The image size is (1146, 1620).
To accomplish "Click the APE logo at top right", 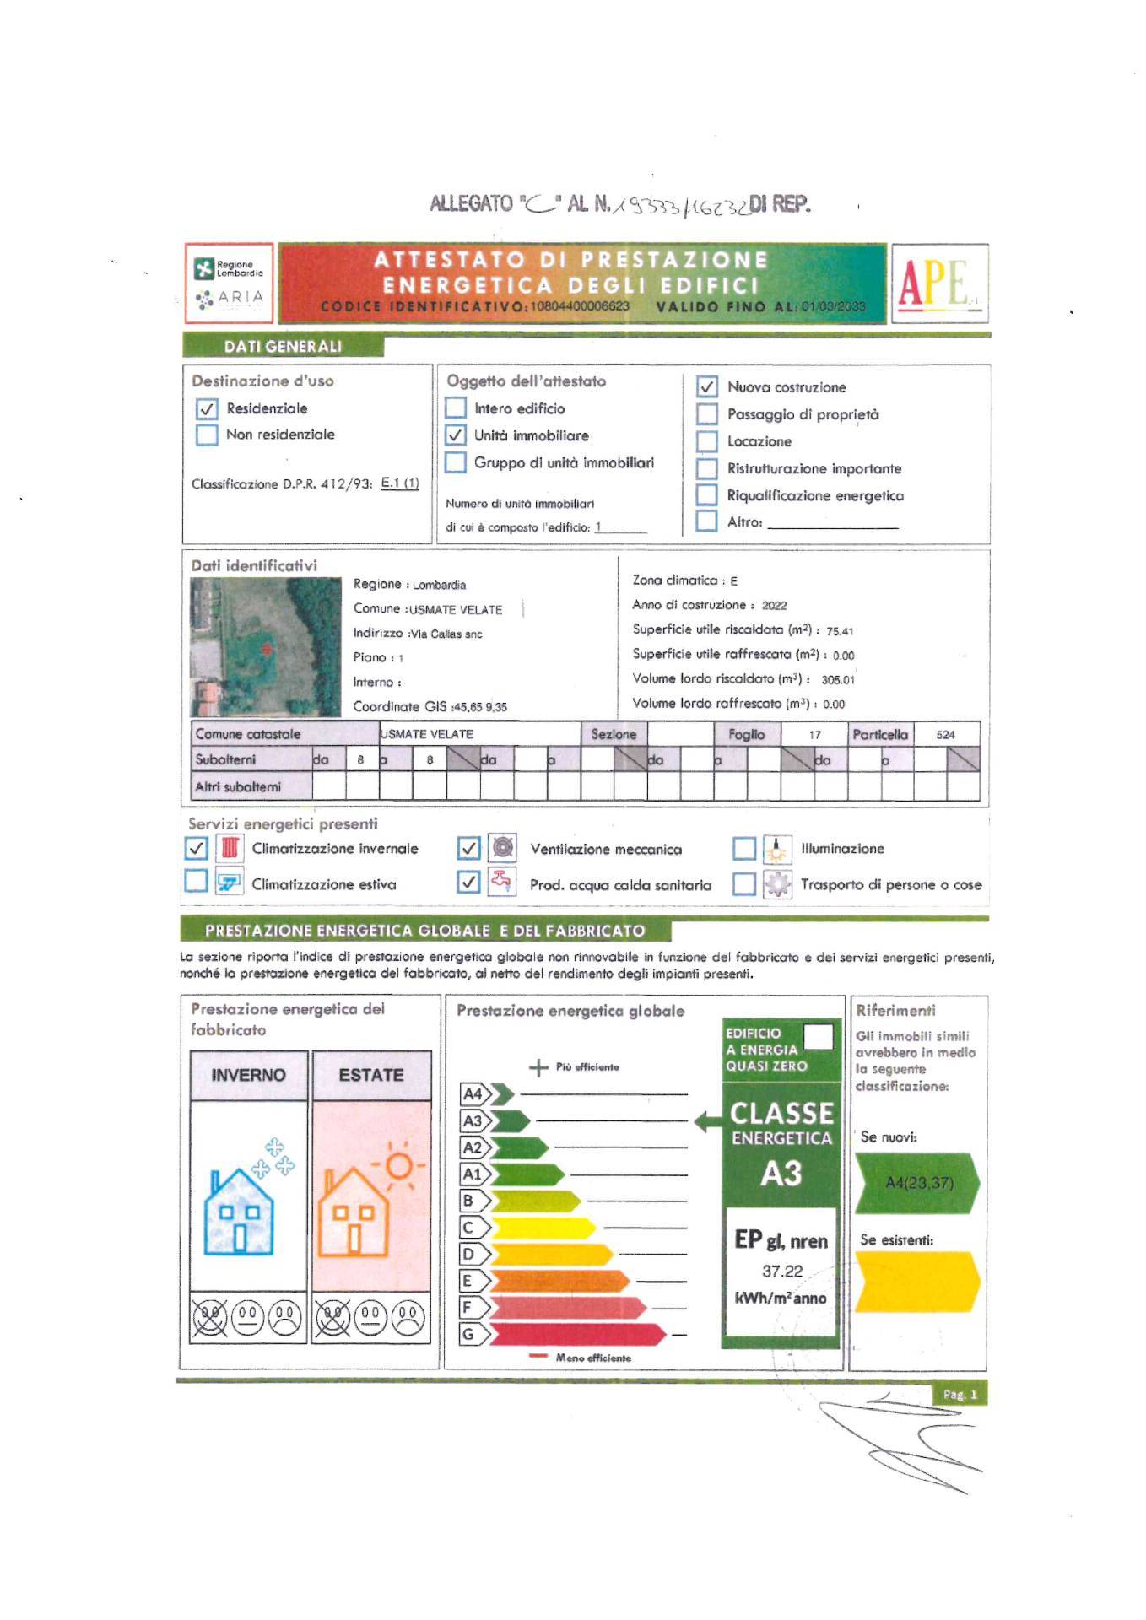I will (938, 283).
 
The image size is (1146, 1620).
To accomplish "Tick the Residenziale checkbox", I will (207, 409).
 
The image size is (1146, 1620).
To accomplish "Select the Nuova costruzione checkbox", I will (706, 387).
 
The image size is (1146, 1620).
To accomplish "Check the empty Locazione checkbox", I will (706, 441).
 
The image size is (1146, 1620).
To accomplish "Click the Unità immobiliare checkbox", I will (456, 435).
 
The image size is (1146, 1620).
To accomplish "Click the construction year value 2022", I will (774, 606).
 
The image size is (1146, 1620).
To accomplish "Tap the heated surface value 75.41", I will (840, 631).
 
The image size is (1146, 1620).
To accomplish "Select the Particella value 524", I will (945, 735).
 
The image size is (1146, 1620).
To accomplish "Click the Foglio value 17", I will (814, 735).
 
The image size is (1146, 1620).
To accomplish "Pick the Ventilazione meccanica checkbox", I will (468, 848).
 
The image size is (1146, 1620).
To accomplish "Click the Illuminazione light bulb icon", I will (776, 849).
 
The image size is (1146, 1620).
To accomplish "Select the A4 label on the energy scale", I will (473, 1094).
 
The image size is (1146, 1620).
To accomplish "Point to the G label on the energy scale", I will (468, 1335).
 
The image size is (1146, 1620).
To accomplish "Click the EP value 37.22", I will (782, 1272).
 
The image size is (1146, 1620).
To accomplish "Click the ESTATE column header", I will (371, 1075).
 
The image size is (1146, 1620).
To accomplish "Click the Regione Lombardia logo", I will (229, 269).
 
